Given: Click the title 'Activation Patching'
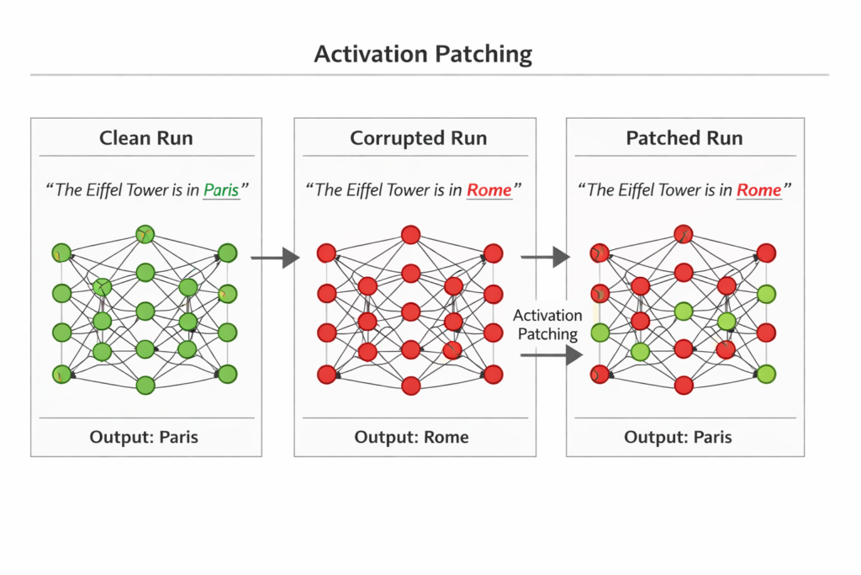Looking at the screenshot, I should coord(423,54).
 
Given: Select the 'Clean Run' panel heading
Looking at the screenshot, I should coord(146,138).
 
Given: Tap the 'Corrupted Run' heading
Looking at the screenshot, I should coord(418,138).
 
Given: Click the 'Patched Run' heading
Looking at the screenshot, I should coord(684,138).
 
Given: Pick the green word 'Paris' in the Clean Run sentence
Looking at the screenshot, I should coord(221,190).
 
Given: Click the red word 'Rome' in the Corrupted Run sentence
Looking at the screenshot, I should coord(489,190).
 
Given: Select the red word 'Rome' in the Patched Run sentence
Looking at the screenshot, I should coord(759,190).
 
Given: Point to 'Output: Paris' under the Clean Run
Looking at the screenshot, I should coord(145,438).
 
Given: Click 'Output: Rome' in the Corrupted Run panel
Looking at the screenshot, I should coord(411,438).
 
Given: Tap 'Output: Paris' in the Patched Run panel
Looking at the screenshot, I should coord(678,438).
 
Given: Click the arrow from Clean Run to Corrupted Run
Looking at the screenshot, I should coord(276,258).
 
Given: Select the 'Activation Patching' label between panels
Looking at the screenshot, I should coord(548,324).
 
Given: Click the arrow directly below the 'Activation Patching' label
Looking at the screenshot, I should coord(552,355).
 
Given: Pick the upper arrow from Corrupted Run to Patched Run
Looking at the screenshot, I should coord(545,258).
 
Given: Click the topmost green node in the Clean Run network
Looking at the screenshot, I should coord(145,234).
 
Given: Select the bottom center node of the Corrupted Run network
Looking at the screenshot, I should coord(410,386).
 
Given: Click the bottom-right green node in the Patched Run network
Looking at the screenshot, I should coord(765,375).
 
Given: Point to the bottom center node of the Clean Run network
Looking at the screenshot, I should coord(145,386).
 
